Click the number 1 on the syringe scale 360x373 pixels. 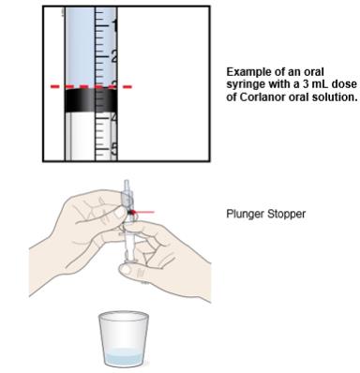coord(114,26)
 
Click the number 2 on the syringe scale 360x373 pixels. coord(114,56)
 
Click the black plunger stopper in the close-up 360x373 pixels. coord(91,100)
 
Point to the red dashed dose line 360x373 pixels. coord(91,86)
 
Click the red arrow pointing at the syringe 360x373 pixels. coord(143,212)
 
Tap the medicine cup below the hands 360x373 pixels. coord(123,339)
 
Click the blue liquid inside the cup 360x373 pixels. coord(123,357)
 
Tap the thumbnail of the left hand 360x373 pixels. coord(120,213)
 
